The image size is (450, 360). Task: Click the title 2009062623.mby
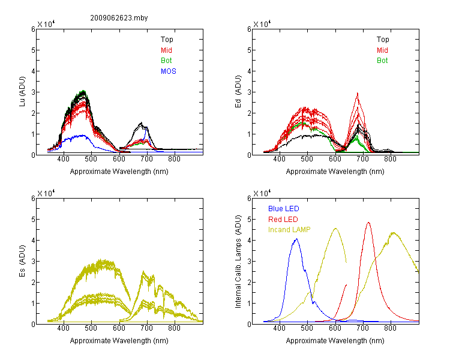tap(119, 18)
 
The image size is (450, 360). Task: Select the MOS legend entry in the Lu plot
tap(169, 71)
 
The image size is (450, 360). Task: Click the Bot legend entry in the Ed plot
tap(382, 61)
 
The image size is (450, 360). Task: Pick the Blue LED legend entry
tap(284, 209)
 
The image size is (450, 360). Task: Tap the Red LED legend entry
tap(283, 220)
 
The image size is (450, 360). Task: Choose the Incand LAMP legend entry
tap(289, 230)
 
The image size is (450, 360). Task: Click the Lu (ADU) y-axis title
tap(22, 92)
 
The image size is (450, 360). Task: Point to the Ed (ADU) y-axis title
tap(238, 92)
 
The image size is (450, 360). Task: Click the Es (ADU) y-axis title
tap(22, 261)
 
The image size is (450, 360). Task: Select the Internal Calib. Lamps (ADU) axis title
tap(238, 262)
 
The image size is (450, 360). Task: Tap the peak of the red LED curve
tap(368, 223)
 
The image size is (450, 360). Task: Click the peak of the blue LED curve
tap(296, 239)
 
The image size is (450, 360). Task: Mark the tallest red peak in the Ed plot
tap(358, 93)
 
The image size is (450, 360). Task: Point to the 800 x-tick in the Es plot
tap(174, 328)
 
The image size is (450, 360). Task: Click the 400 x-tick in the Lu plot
tap(64, 159)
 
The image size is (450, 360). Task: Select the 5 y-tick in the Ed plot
tap(249, 50)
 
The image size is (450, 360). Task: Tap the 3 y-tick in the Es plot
tap(33, 262)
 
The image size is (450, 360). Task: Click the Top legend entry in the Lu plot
tap(167, 40)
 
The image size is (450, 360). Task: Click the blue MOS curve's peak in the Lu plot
tap(83, 135)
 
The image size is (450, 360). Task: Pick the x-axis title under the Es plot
tap(119, 341)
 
